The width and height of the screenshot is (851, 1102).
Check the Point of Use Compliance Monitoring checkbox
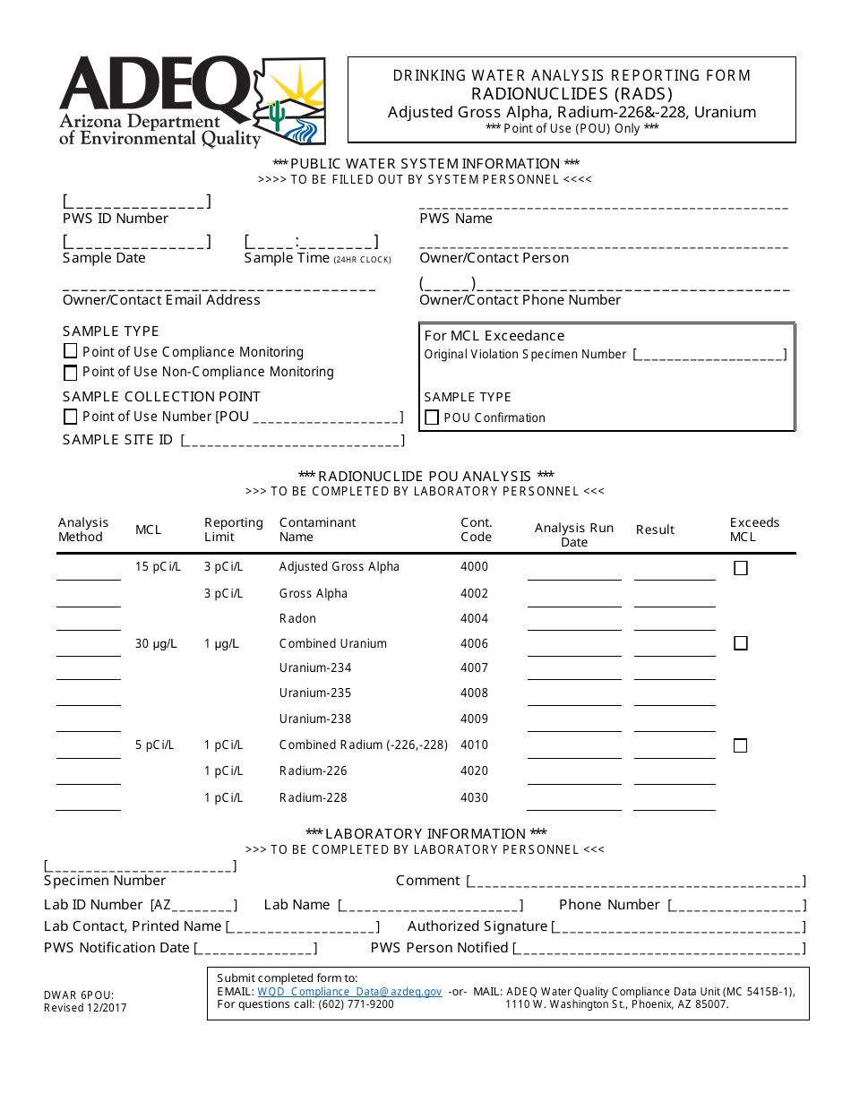[x=71, y=352]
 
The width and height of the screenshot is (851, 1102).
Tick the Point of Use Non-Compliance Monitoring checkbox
[x=71, y=373]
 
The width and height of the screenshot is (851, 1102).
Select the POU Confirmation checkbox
[x=432, y=418]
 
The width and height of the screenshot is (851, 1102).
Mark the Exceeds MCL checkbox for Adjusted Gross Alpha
[x=741, y=568]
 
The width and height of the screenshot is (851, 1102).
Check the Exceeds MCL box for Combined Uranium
[x=741, y=643]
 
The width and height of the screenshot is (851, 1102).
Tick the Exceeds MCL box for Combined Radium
[x=741, y=745]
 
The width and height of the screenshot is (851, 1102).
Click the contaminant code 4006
[x=474, y=643]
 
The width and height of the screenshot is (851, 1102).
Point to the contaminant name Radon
[x=297, y=618]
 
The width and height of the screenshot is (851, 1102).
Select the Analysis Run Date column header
[x=573, y=535]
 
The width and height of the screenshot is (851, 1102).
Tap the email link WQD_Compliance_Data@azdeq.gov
[x=349, y=992]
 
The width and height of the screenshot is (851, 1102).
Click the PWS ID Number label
[x=116, y=219]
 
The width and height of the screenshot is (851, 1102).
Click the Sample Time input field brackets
[x=311, y=241]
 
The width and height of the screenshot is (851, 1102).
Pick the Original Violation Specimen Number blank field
[x=709, y=355]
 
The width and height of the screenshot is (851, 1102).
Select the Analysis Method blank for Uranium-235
[x=88, y=696]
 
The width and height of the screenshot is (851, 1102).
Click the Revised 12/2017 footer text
[x=85, y=1008]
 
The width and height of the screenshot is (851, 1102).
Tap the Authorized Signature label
[x=477, y=926]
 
